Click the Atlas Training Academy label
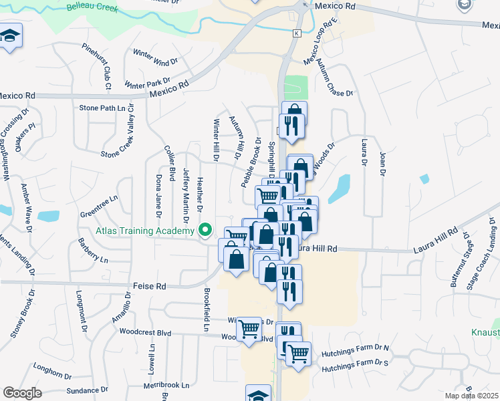click(145, 231)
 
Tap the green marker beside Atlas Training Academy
click(206, 231)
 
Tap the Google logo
click(22, 393)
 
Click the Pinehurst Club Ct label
click(96, 67)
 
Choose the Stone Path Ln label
click(102, 108)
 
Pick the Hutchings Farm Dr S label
click(355, 364)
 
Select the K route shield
click(296, 33)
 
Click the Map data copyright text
click(472, 395)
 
